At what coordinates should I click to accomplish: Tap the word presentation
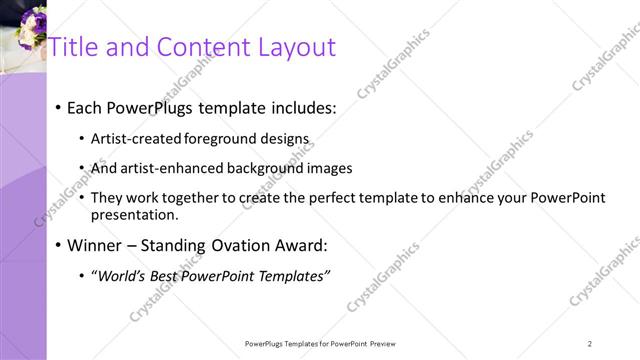pos(135,214)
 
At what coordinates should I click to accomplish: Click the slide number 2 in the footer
pos(590,343)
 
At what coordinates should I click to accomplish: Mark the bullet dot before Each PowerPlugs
pos(59,108)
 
